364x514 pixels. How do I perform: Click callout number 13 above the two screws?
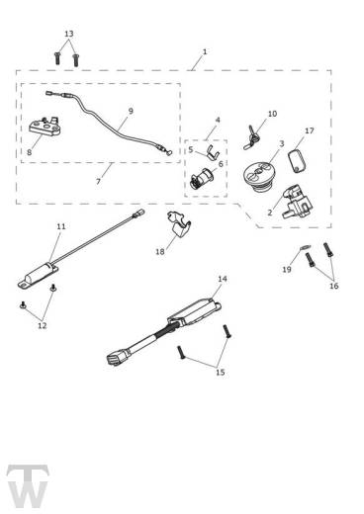(68, 34)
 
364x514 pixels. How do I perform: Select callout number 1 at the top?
(204, 51)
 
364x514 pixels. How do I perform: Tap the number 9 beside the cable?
(131, 112)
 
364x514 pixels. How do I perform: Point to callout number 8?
(29, 152)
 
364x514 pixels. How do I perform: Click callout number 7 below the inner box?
(98, 182)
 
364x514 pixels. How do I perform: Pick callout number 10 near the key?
(272, 114)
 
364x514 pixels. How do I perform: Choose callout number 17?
(310, 130)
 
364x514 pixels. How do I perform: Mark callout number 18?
(159, 252)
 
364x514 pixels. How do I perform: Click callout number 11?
(60, 227)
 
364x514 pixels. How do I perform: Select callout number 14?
(222, 280)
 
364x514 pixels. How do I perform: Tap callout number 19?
(286, 269)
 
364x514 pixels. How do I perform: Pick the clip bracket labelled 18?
(179, 228)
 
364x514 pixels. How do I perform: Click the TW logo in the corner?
(28, 483)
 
